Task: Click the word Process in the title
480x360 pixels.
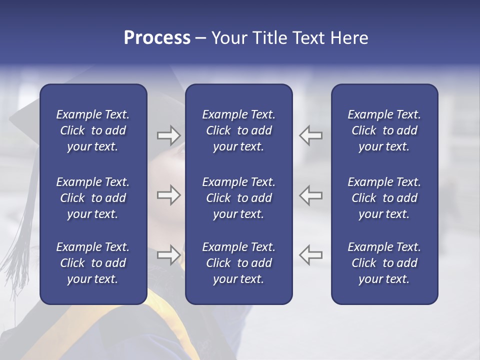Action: (x=157, y=38)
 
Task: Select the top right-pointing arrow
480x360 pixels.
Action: (x=168, y=135)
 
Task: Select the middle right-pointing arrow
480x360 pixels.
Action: (x=168, y=195)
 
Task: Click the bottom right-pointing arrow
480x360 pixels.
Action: (x=168, y=255)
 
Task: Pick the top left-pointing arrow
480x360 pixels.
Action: (x=311, y=135)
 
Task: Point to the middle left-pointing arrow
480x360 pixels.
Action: (x=311, y=195)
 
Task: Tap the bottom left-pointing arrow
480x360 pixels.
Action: (x=311, y=255)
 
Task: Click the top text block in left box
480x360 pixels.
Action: (x=93, y=130)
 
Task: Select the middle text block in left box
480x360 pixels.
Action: (x=93, y=198)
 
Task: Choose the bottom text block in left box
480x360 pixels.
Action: (x=93, y=263)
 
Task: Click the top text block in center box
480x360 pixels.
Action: (x=238, y=130)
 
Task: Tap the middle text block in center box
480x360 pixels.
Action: (x=238, y=198)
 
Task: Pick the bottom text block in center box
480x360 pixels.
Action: (x=238, y=263)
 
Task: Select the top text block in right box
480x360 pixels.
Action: (x=384, y=130)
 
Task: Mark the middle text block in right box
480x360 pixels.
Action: (x=384, y=198)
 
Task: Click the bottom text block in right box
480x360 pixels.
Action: (x=384, y=263)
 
